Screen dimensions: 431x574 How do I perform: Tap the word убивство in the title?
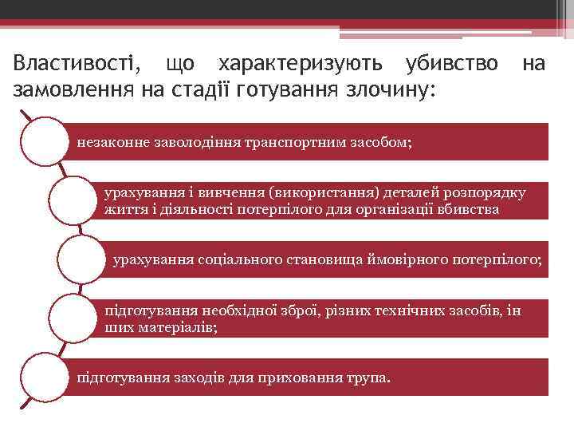point(452,63)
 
